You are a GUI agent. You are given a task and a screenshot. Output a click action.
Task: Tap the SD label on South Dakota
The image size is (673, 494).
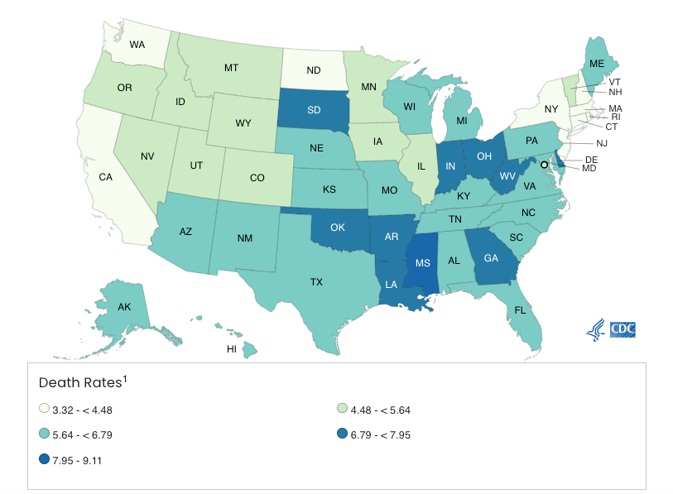pyautogui.click(x=315, y=109)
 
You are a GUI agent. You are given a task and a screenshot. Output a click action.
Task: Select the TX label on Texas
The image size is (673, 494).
pyautogui.click(x=316, y=282)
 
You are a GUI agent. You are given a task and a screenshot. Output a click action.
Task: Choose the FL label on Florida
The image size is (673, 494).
pyautogui.click(x=520, y=310)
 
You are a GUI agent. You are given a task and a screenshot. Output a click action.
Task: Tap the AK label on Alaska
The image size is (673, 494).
pyautogui.click(x=124, y=307)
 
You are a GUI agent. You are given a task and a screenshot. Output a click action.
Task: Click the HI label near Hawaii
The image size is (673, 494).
pyautogui.click(x=232, y=349)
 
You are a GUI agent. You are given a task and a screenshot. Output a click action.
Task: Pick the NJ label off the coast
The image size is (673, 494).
pyautogui.click(x=601, y=143)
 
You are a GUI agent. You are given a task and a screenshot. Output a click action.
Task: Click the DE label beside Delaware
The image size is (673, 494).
pyautogui.click(x=591, y=159)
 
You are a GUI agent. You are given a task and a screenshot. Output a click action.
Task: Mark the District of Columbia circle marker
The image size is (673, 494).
pyautogui.click(x=544, y=165)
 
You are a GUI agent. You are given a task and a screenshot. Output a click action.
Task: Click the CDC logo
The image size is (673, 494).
pyautogui.click(x=627, y=329)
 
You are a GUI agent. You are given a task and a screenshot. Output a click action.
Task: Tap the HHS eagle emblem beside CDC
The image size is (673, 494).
pyautogui.click(x=595, y=329)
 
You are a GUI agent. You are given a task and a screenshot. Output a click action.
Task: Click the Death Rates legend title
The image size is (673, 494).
pyautogui.click(x=82, y=382)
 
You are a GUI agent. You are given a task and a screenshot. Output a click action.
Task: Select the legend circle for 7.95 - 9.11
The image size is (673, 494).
pyautogui.click(x=44, y=459)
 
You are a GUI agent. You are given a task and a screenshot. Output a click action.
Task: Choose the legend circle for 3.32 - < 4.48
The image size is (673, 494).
pyautogui.click(x=44, y=409)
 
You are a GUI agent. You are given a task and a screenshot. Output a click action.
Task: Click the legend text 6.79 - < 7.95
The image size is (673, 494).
pyautogui.click(x=382, y=434)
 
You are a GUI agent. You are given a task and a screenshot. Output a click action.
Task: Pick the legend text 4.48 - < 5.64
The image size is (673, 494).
pyautogui.click(x=382, y=409)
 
